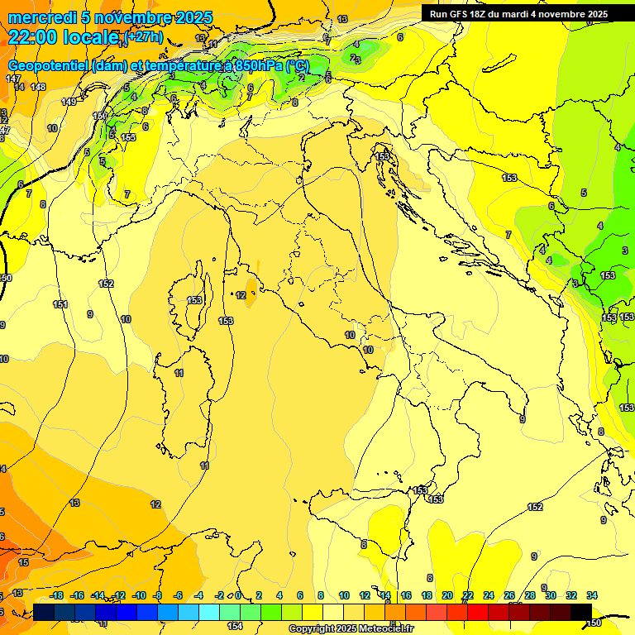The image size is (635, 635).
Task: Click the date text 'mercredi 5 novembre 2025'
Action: [110, 18]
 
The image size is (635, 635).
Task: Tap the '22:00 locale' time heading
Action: [63, 37]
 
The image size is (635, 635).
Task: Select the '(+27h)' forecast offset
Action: [137, 39]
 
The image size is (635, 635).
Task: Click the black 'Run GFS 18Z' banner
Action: [518, 14]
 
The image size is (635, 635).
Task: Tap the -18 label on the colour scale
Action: [56, 595]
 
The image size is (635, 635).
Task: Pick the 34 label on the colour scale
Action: [591, 595]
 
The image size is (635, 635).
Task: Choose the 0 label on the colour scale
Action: [238, 595]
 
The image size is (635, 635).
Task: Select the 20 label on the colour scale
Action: [447, 595]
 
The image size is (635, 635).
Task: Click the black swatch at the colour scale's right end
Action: [581, 612]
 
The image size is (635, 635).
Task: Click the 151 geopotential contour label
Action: [60, 305]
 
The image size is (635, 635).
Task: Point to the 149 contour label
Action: [69, 102]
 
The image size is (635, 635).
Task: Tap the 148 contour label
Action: [38, 87]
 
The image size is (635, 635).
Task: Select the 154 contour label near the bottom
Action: [235, 626]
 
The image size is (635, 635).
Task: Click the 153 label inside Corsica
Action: [194, 300]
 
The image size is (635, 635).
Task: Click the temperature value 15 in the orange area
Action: [23, 562]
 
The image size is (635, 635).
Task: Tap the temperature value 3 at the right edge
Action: [624, 251]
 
